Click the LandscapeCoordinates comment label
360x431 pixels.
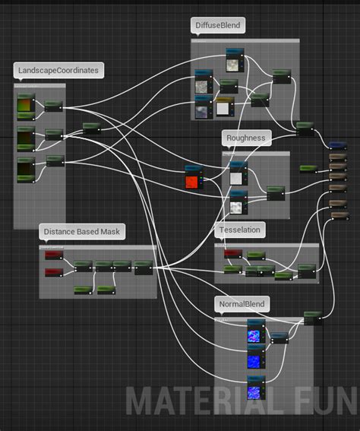click(57, 71)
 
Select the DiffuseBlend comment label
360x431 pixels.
click(218, 27)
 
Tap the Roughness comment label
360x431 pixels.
click(246, 138)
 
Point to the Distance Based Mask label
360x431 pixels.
click(82, 232)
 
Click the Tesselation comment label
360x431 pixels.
click(239, 230)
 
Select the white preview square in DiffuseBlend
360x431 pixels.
click(223, 109)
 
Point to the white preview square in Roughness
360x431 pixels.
click(237, 177)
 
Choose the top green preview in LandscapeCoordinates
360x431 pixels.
click(26, 107)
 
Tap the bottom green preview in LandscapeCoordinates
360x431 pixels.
click(26, 167)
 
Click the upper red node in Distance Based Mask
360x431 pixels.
click(53, 256)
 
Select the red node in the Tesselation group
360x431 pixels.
click(232, 254)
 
